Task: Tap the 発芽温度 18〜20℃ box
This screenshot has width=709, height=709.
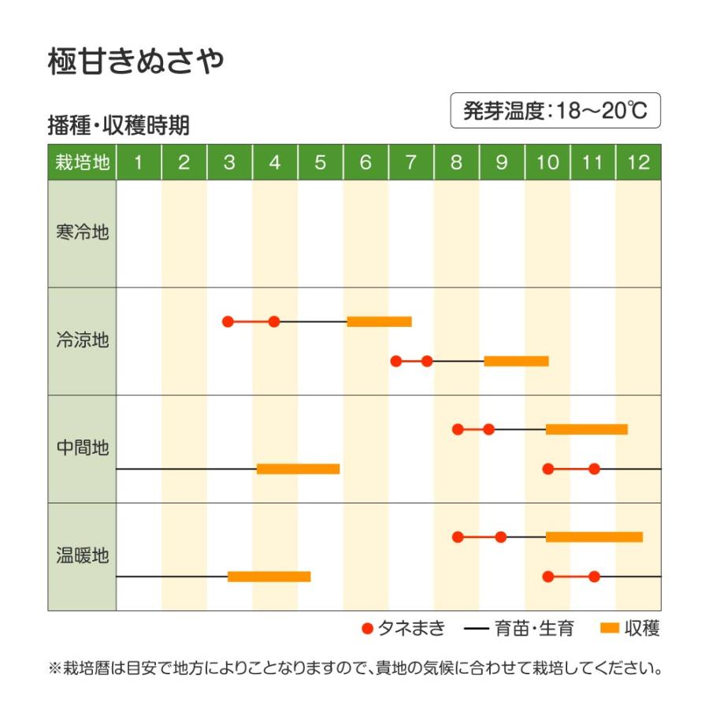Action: coord(555,111)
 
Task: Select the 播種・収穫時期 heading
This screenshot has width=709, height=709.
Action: coord(118,126)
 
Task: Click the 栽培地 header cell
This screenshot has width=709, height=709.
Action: coord(82,163)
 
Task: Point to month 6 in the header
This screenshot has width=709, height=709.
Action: coord(366,163)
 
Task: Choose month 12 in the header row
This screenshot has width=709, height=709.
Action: coord(638,163)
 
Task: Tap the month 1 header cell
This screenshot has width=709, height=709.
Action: coord(139,163)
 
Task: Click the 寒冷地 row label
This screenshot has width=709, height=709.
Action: coord(82,233)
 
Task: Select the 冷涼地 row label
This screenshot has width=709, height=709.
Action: coord(82,341)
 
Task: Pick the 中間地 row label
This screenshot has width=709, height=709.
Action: coord(82,448)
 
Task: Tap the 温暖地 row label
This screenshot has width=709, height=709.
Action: coord(82,556)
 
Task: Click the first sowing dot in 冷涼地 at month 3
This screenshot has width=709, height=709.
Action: coord(228,321)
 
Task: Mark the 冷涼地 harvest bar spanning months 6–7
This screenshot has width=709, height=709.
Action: coord(379,321)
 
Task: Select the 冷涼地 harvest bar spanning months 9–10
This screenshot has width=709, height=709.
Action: coord(516,361)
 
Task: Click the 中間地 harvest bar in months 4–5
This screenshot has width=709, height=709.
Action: coord(298,469)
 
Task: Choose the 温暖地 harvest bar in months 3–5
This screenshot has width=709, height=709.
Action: coord(269,577)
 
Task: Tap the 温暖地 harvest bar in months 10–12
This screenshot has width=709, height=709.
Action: coord(594,537)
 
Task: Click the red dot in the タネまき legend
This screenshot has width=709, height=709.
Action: coord(366,629)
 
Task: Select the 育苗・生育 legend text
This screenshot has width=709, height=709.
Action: coord(534,629)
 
